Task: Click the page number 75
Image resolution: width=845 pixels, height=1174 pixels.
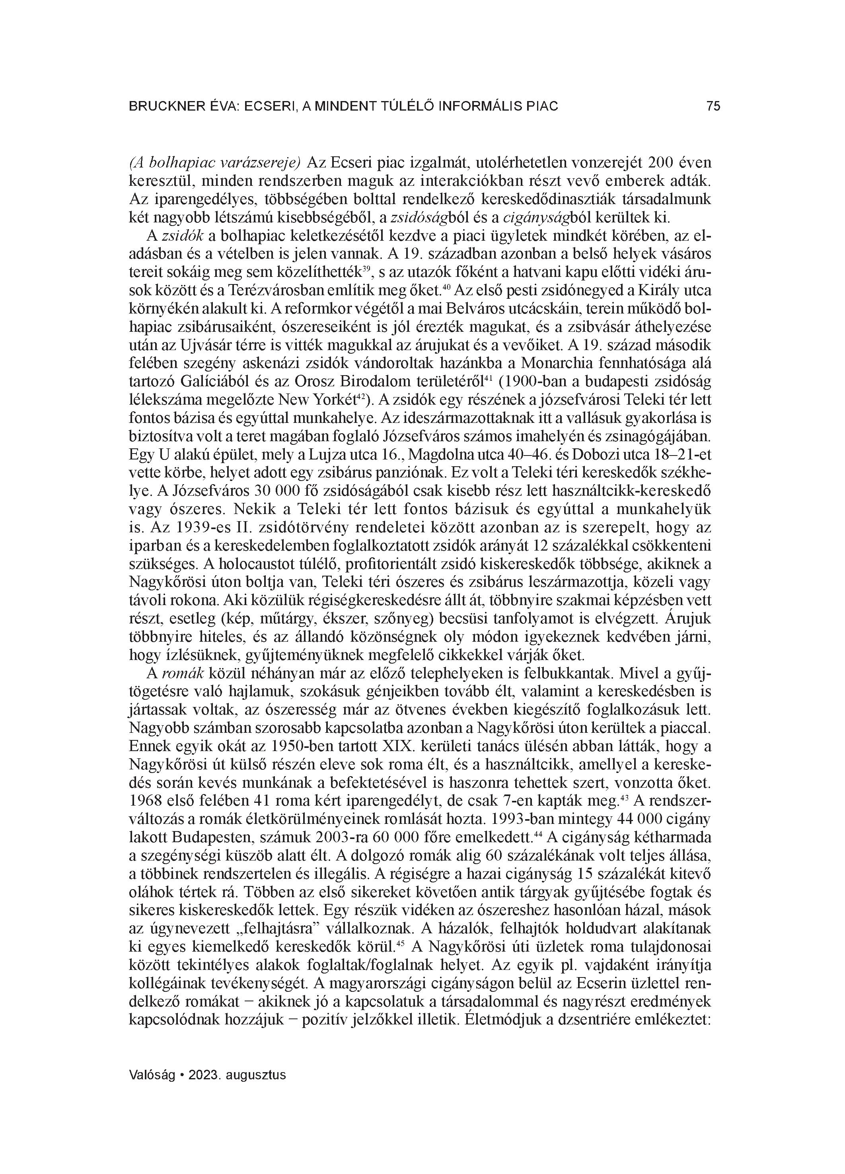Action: coord(713,107)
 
